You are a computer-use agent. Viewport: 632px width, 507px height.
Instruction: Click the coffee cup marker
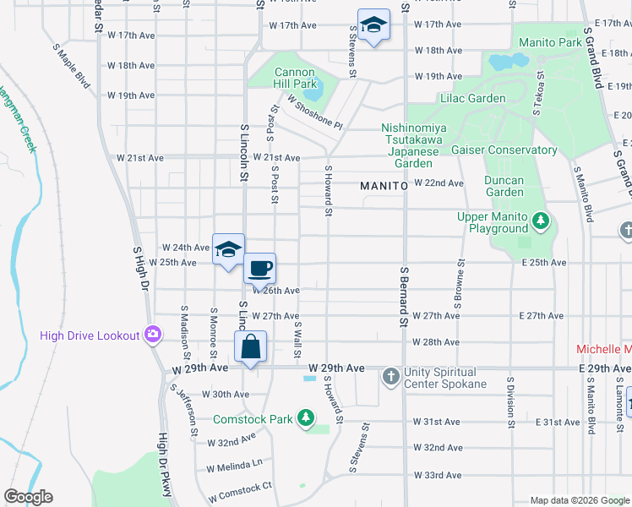tap(260, 268)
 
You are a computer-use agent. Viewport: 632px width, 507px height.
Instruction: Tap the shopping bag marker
tap(251, 346)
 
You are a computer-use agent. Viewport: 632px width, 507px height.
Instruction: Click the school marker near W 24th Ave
tap(228, 249)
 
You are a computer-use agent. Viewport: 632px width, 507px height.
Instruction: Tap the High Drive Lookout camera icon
tap(152, 335)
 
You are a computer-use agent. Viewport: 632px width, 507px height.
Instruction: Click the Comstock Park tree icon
tap(306, 419)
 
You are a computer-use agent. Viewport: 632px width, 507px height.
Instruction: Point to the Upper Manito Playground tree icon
tap(541, 221)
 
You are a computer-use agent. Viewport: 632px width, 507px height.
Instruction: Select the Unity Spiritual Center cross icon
tap(390, 375)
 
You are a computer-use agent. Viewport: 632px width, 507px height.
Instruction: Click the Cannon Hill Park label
tap(295, 78)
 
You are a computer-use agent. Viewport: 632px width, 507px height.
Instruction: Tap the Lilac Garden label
tap(472, 98)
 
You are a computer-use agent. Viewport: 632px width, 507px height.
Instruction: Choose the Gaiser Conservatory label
tap(504, 150)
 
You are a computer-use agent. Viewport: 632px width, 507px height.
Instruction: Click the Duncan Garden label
tap(504, 186)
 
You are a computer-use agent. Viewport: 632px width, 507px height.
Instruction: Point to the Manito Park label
tap(550, 42)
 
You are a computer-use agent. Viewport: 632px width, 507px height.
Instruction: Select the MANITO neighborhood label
tap(384, 184)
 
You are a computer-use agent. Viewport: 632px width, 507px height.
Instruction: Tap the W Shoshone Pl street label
tap(314, 112)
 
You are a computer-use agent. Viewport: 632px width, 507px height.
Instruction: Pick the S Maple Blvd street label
tap(71, 68)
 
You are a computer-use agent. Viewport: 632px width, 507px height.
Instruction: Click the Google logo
tap(28, 497)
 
